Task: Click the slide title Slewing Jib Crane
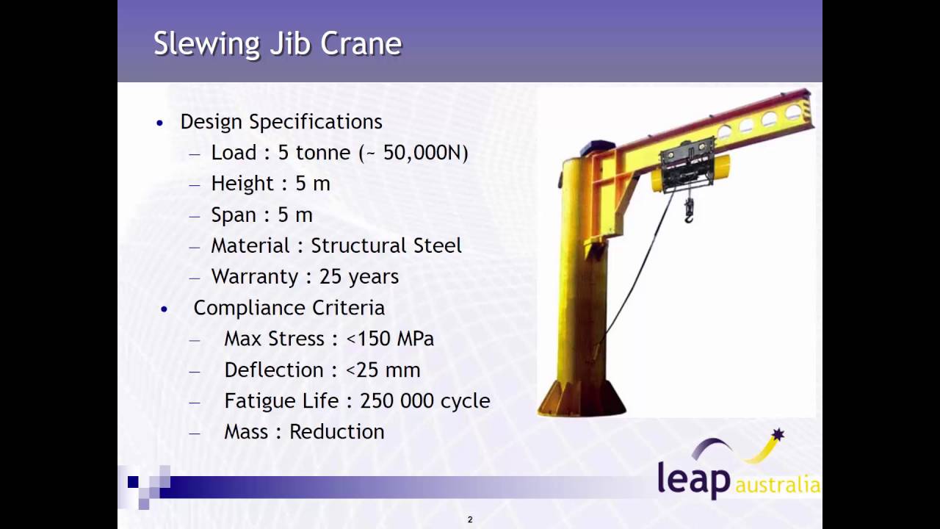click(278, 44)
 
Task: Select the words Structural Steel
click(386, 245)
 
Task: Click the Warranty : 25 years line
click(305, 277)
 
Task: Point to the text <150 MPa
click(390, 339)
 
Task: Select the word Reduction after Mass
click(337, 432)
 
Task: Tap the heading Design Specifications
click(281, 122)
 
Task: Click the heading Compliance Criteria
click(289, 308)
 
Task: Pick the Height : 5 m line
click(270, 184)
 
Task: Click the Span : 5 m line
click(261, 215)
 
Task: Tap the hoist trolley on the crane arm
click(687, 165)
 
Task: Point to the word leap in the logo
click(694, 478)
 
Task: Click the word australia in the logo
click(777, 485)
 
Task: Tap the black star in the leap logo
click(778, 435)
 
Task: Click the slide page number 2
click(470, 519)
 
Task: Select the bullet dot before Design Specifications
click(160, 123)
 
